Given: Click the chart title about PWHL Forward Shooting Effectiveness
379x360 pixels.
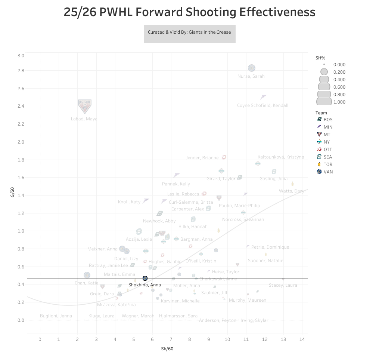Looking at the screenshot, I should point(189,12).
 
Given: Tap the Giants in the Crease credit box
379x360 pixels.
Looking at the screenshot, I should point(190,32).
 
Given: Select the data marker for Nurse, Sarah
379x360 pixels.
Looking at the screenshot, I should point(251,68).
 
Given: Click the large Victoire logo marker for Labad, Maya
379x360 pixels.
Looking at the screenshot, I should point(85,107).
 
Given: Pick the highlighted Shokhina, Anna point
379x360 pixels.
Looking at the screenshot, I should point(145,278).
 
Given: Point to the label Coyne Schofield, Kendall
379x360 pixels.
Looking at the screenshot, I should point(262,105).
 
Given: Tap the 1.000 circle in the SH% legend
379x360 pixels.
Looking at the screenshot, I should point(324,102).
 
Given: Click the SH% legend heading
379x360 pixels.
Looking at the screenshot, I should point(320,58).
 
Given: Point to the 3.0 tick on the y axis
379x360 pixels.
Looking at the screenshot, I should point(21,56).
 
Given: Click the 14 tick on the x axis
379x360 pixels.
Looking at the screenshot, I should point(302,339).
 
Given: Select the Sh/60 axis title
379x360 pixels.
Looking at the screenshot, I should point(167,349).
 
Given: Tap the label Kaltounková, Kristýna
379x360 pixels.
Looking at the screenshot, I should point(281,157).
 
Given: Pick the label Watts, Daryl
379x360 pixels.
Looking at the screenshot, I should point(292,191).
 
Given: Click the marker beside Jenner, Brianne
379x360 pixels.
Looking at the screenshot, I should point(224,157).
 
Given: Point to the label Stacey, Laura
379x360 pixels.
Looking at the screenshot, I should point(283,285).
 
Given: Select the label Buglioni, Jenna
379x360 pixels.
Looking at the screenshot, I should point(56,316).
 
